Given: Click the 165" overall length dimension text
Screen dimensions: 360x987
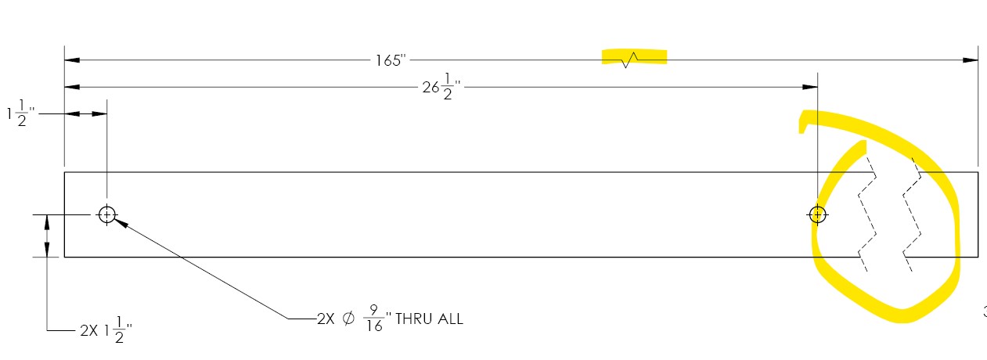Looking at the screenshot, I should [x=390, y=60].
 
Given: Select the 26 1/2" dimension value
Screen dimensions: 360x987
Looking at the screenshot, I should [x=438, y=87].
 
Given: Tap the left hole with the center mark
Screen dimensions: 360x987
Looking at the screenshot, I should [x=107, y=214].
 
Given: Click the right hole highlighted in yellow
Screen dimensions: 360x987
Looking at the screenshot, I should [x=817, y=214].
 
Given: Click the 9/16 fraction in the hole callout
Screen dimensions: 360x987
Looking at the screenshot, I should [x=374, y=319].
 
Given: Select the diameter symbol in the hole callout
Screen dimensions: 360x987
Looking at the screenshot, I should [x=348, y=319].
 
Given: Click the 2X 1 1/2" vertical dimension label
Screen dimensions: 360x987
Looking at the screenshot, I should [x=105, y=331].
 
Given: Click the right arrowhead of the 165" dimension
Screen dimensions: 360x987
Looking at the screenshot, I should [x=971, y=60].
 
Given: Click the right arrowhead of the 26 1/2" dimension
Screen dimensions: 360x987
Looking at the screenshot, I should [x=811, y=87].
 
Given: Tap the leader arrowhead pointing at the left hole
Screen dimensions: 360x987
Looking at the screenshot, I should [x=121, y=222].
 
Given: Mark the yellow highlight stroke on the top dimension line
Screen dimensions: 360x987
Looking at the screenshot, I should [x=635, y=57].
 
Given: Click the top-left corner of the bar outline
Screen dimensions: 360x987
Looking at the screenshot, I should [x=64, y=171].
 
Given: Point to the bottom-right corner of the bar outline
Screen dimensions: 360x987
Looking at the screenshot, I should [x=978, y=257].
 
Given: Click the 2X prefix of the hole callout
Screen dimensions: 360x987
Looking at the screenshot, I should [x=325, y=319].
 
